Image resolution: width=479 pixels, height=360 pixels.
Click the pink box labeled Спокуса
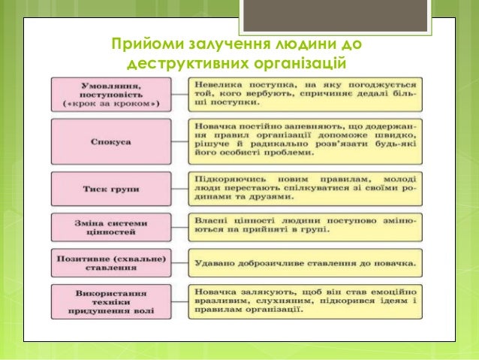tap(116, 140)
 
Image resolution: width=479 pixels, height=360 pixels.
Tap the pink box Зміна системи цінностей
tap(116, 228)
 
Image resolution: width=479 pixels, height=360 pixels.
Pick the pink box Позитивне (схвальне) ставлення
tap(116, 263)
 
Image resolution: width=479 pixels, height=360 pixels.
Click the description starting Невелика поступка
tap(304, 93)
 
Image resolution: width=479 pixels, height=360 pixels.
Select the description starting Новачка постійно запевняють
tap(304, 140)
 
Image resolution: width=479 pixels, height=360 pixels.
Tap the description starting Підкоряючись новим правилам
tap(304, 186)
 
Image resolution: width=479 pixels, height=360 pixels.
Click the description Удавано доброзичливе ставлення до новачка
tap(304, 263)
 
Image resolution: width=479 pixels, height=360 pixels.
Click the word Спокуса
tap(116, 140)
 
